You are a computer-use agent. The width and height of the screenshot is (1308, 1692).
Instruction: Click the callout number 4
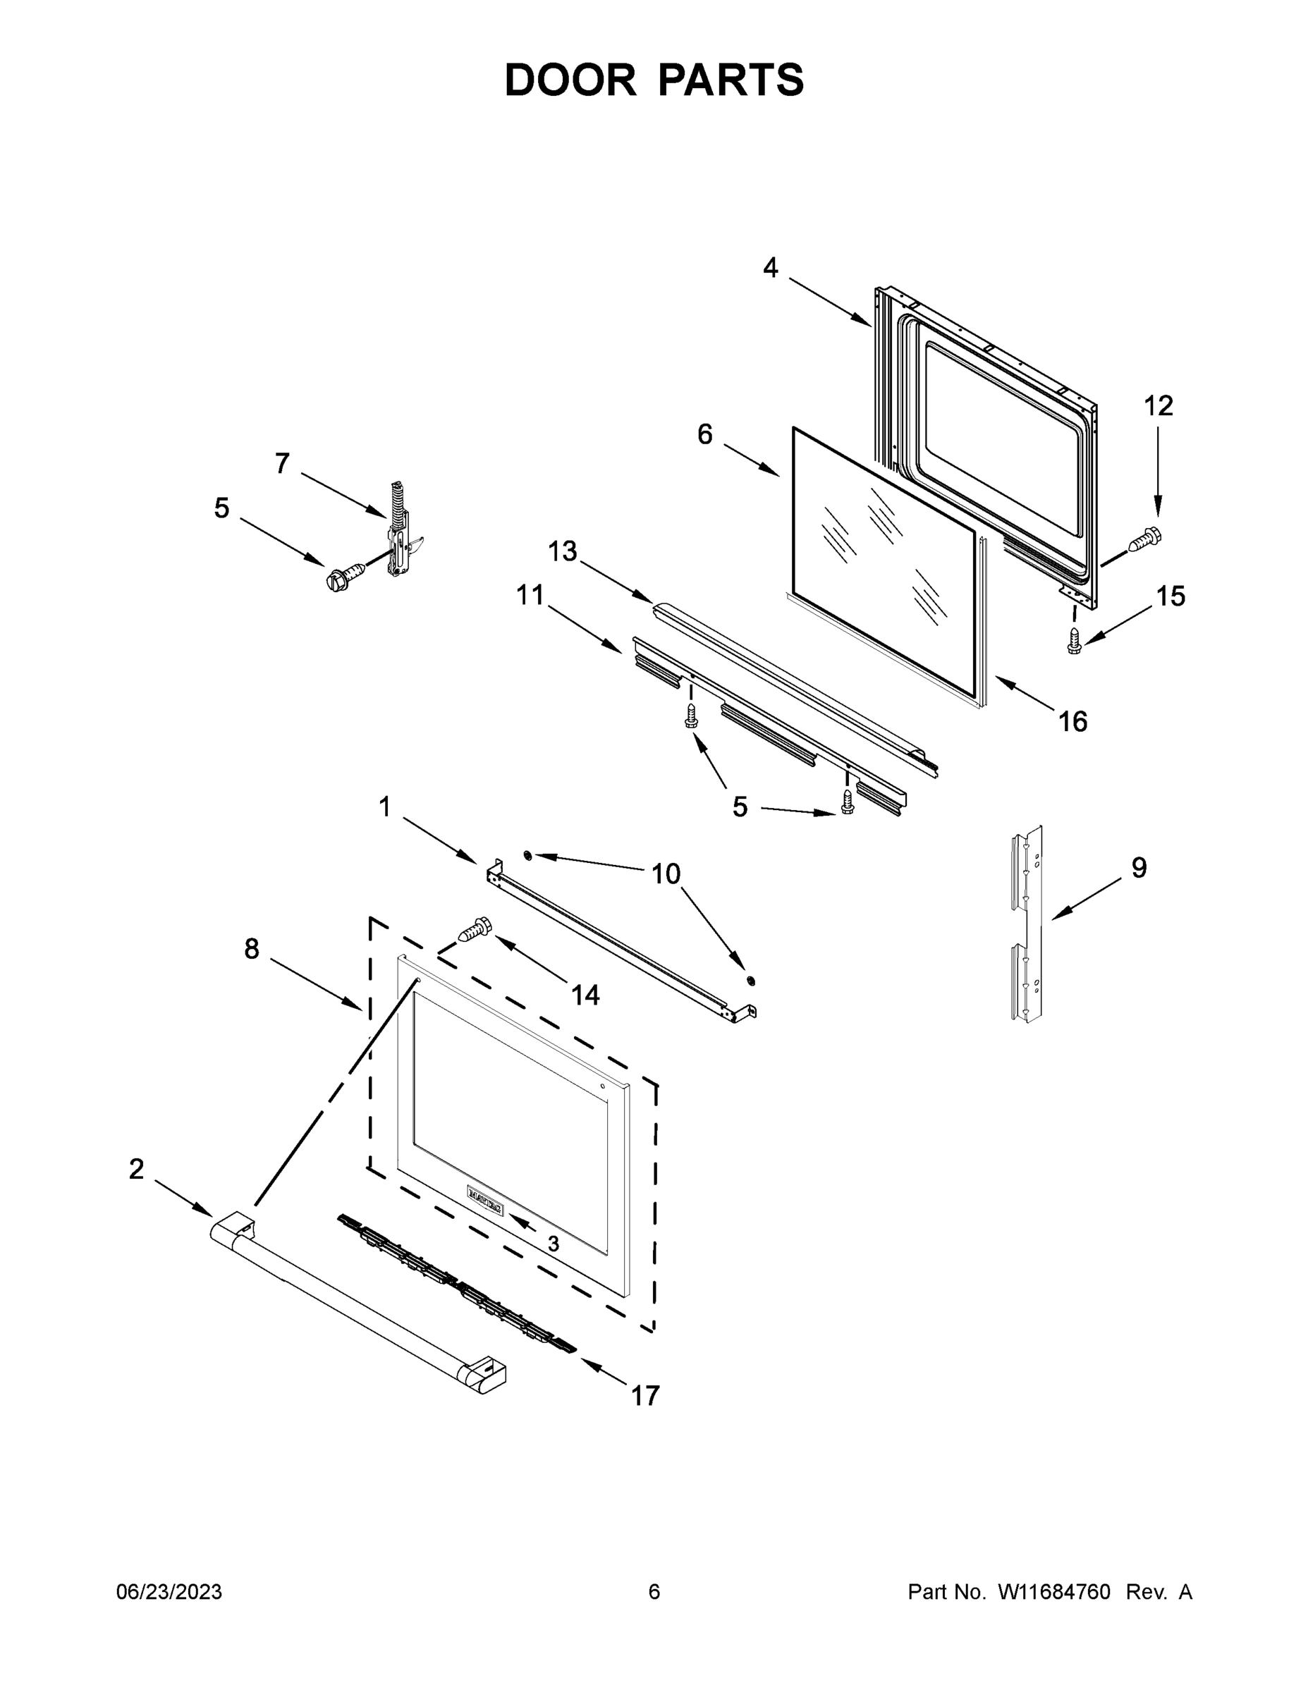(x=769, y=268)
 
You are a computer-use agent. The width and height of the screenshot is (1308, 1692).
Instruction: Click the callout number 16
(x=1072, y=721)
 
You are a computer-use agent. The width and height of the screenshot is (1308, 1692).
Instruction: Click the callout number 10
(x=666, y=874)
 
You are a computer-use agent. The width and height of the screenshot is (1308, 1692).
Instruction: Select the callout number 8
(x=251, y=948)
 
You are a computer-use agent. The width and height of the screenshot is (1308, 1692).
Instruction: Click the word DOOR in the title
(x=570, y=80)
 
